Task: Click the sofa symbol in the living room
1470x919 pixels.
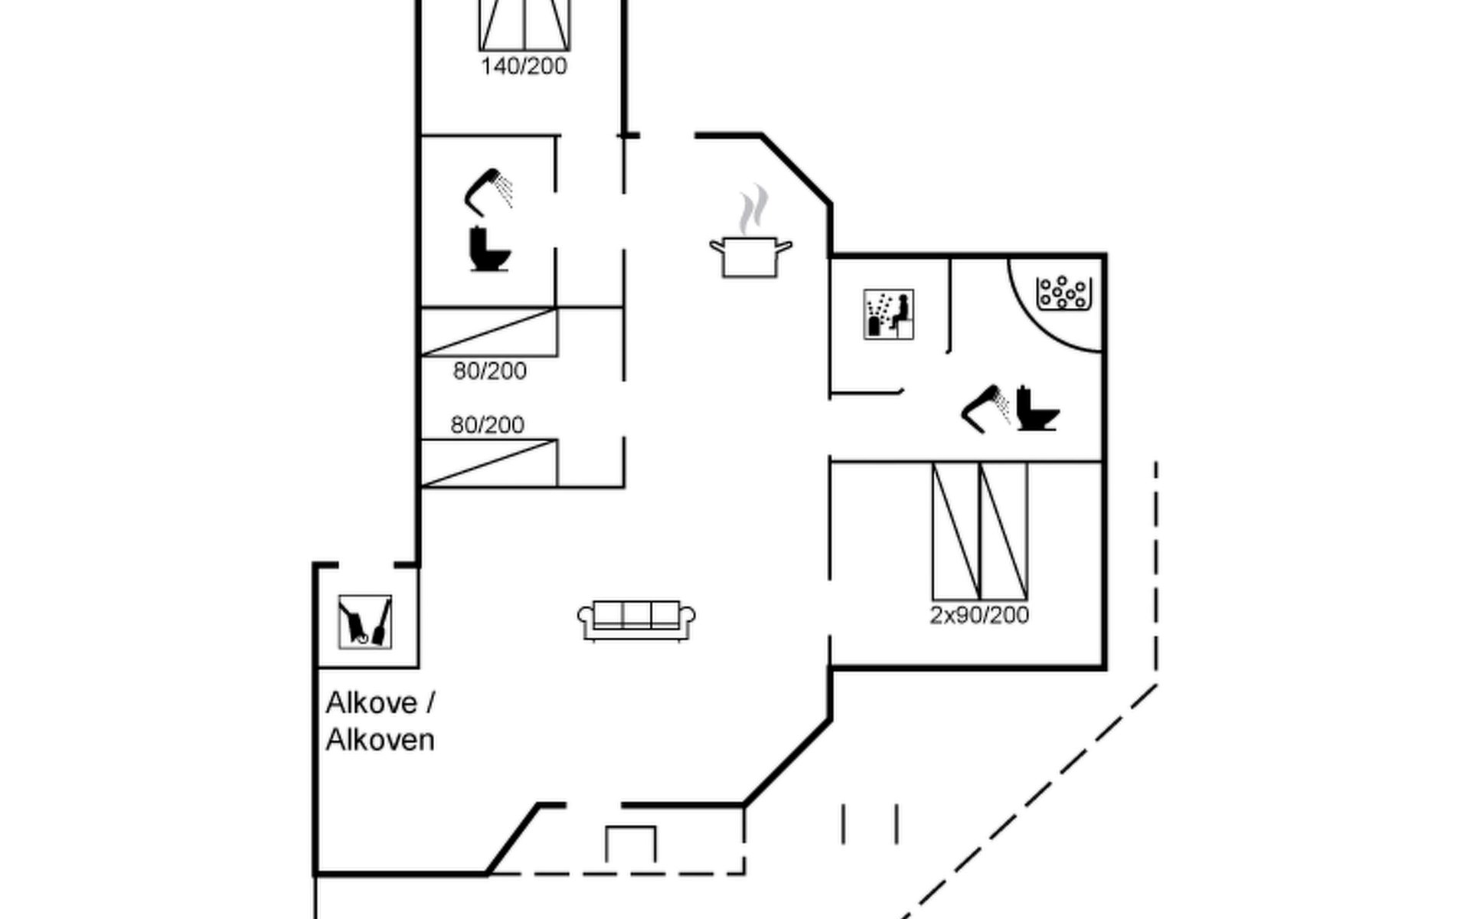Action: [x=636, y=620]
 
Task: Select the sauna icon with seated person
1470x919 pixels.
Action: [x=888, y=314]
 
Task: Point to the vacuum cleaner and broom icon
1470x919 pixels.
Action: [x=365, y=622]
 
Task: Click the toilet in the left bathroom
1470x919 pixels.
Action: [x=489, y=249]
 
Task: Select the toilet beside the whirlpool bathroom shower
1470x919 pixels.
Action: [x=1037, y=409]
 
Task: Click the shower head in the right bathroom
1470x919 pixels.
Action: [x=986, y=408]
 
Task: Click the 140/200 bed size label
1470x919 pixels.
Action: [x=524, y=67]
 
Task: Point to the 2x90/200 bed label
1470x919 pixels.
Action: [x=979, y=615]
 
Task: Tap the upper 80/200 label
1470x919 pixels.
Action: [x=490, y=371]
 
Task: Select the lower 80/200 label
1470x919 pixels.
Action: [x=488, y=425]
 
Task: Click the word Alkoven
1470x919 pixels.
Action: [x=381, y=741]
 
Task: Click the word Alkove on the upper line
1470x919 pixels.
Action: [x=373, y=703]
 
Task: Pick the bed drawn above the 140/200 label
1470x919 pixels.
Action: [x=524, y=25]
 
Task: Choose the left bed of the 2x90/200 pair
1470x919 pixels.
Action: [x=956, y=531]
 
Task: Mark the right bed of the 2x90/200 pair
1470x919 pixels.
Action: [x=1004, y=531]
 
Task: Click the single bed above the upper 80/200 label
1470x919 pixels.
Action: [x=489, y=332]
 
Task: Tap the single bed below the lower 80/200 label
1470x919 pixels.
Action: [x=489, y=463]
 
